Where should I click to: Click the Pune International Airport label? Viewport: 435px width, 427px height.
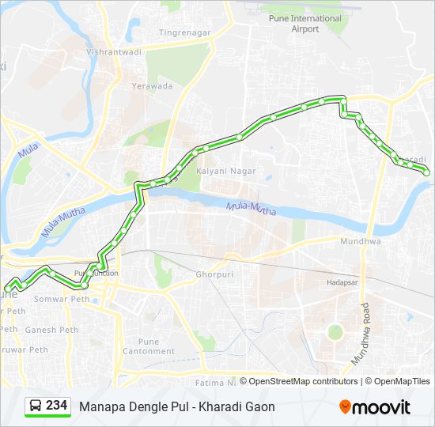(304, 24)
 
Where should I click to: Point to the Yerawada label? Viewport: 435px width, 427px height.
(152, 86)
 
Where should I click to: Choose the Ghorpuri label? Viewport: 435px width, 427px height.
(213, 274)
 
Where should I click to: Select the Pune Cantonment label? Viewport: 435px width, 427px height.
(149, 346)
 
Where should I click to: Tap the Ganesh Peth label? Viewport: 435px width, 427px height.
(51, 330)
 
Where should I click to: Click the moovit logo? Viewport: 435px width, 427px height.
(374, 407)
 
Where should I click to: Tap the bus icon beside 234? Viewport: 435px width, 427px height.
(36, 406)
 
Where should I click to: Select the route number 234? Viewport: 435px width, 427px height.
(57, 406)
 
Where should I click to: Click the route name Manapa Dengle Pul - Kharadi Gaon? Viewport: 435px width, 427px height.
(177, 406)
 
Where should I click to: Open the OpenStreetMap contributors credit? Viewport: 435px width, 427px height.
(303, 381)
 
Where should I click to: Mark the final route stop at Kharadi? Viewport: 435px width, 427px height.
(426, 172)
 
